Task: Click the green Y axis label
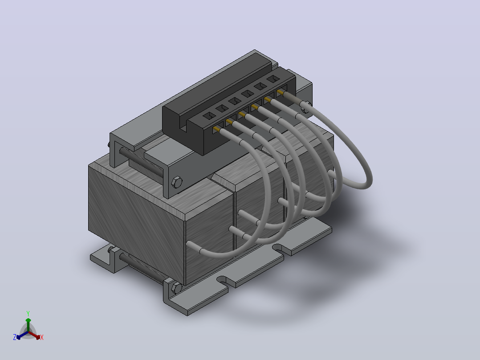(28, 314)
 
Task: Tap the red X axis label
(42, 337)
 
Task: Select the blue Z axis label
(15, 337)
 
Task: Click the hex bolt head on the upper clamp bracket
(177, 182)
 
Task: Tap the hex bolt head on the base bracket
(176, 288)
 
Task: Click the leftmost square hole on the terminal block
(210, 116)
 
